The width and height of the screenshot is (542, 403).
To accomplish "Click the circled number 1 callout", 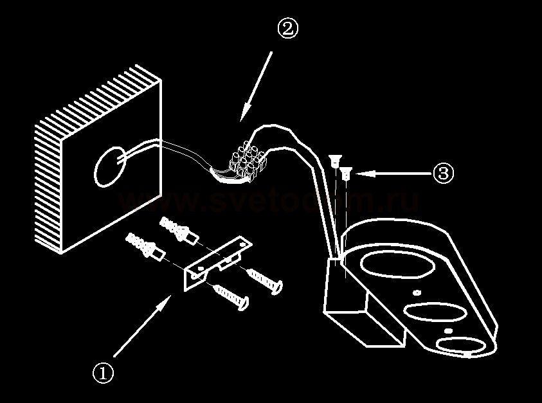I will click(x=103, y=372).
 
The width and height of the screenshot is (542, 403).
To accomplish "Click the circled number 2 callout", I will click(x=287, y=29).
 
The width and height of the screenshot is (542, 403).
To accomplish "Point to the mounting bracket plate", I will click(x=215, y=264).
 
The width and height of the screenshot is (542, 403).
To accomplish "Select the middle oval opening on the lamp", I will click(x=433, y=314).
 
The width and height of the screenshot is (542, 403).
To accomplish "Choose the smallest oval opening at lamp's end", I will click(x=462, y=345).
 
